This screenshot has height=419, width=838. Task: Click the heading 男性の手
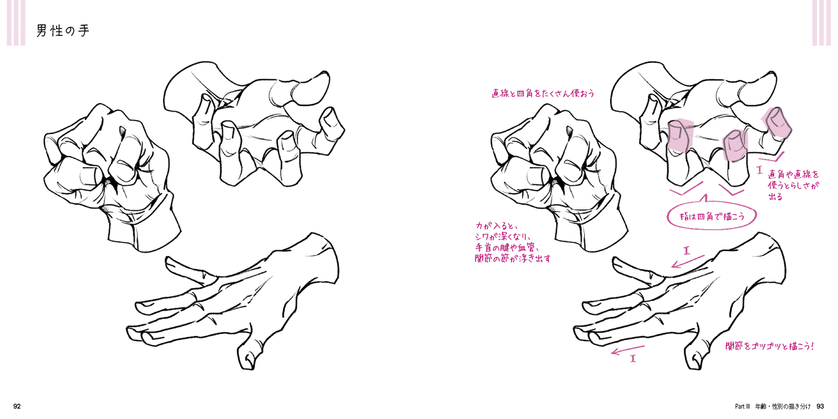pos(63,30)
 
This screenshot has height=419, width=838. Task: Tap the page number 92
pos(17,406)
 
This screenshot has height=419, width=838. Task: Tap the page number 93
pos(820,406)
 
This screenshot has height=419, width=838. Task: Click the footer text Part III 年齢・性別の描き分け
pos(773,406)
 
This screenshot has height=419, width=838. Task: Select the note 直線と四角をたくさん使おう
pos(543,93)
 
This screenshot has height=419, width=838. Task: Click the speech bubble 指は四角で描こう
pos(712,216)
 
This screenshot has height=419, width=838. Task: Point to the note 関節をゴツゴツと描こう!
pos(770,347)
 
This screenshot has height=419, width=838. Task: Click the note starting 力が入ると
pos(513,242)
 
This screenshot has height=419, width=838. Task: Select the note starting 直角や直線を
pos(794,185)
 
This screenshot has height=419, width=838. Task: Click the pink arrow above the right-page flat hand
pos(688,261)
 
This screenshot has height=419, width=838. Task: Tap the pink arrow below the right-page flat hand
pos(628,350)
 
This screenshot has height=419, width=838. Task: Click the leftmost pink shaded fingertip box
pos(680,135)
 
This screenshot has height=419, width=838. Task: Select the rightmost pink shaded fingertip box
pos(776,123)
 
